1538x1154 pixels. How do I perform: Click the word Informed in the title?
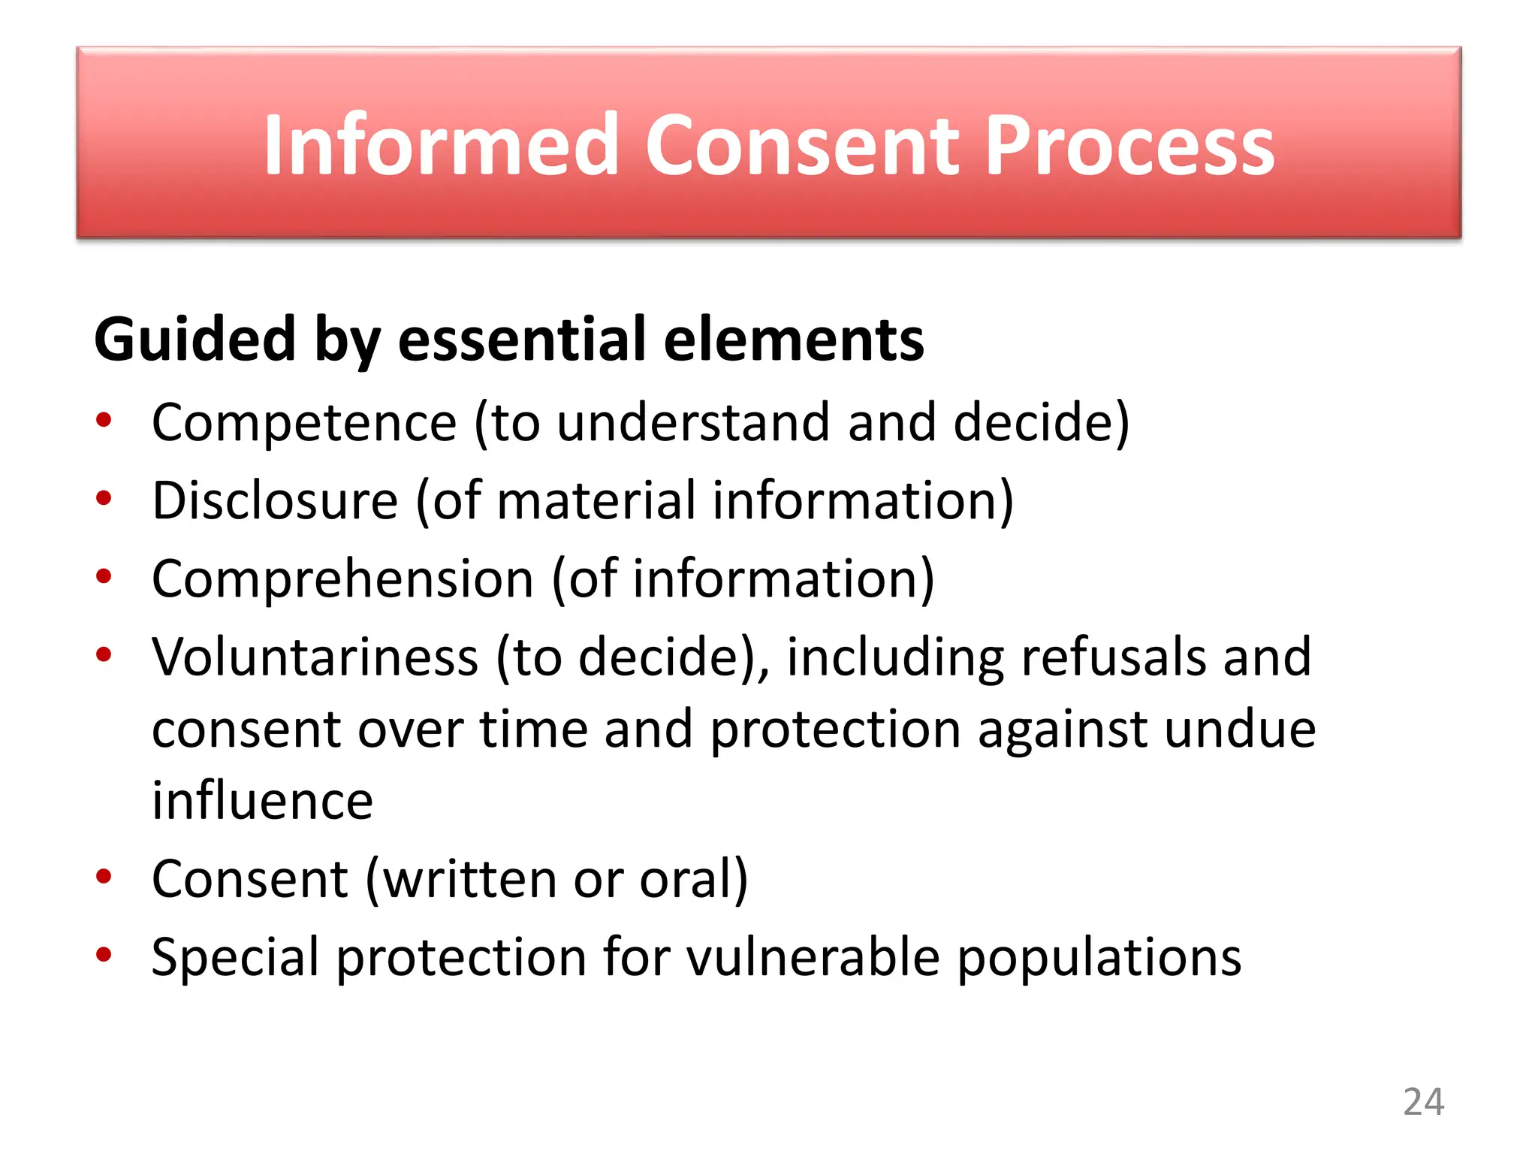tap(440, 145)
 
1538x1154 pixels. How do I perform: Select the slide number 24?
tap(1423, 1102)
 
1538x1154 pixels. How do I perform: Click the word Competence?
tap(304, 422)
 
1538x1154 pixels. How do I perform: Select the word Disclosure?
tap(275, 500)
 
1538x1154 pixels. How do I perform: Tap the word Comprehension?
tap(342, 579)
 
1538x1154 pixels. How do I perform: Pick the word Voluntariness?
tap(315, 657)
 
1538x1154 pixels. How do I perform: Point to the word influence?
tap(262, 801)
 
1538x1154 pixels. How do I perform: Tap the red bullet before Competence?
tap(104, 420)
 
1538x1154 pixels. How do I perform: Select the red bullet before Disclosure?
tap(104, 498)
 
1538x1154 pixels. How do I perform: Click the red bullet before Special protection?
tap(104, 954)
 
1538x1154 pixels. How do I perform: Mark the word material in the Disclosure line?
tap(596, 500)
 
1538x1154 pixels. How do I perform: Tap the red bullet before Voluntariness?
tap(104, 654)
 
